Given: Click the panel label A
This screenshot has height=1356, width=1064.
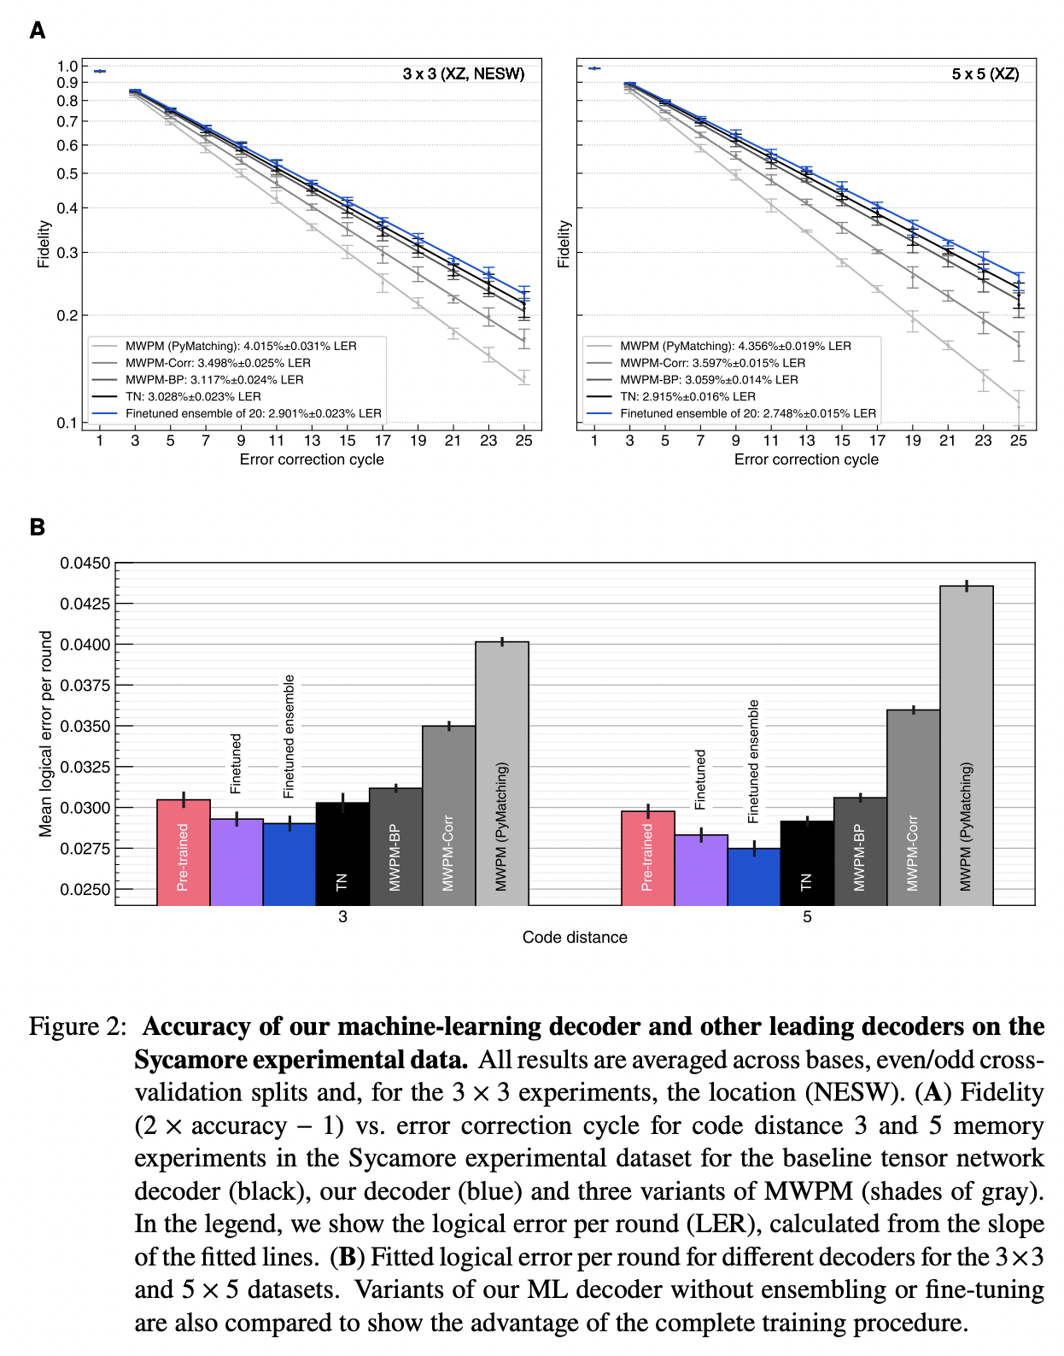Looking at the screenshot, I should pyautogui.click(x=37, y=31).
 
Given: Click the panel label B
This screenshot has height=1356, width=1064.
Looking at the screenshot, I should pyautogui.click(x=37, y=527).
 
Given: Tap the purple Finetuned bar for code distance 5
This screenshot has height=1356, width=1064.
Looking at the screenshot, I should pyautogui.click(x=701, y=870).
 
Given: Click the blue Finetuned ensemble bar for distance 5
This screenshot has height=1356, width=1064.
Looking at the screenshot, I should pyautogui.click(x=754, y=877).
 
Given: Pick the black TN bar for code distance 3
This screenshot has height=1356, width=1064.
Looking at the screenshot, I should pyautogui.click(x=342, y=854).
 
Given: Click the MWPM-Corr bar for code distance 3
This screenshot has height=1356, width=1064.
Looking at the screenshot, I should pyautogui.click(x=448, y=815).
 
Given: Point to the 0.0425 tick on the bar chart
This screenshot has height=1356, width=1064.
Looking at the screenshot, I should pyautogui.click(x=85, y=604).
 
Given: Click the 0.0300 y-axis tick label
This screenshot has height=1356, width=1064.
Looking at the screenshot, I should pyautogui.click(x=85, y=808).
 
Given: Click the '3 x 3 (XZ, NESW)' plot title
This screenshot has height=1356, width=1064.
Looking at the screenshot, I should pyautogui.click(x=464, y=74).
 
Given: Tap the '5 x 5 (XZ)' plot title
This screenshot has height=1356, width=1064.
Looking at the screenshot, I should pyautogui.click(x=985, y=74).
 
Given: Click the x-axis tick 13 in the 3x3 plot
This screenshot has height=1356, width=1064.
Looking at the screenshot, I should pyautogui.click(x=312, y=441).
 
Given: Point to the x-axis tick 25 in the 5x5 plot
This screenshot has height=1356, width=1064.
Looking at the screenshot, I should pyautogui.click(x=1018, y=441).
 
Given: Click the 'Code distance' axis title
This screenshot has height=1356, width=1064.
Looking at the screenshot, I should pyautogui.click(x=575, y=938).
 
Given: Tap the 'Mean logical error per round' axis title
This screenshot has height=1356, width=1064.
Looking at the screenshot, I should pyautogui.click(x=45, y=734).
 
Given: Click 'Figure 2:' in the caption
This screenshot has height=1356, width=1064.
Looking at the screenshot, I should pyautogui.click(x=77, y=1026).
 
